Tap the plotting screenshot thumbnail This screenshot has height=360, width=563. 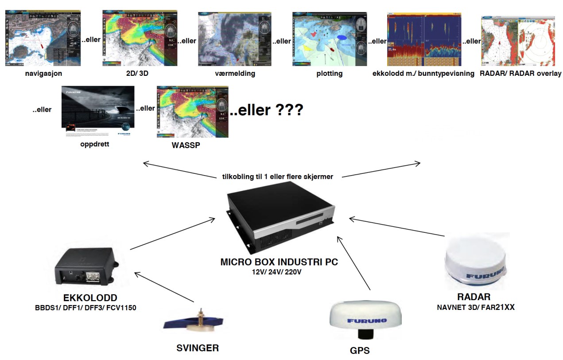(x=330, y=39)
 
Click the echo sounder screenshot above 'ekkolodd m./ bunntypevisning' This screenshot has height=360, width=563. (x=424, y=39)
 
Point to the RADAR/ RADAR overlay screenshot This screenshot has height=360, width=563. (x=518, y=41)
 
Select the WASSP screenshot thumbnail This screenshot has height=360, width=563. (x=192, y=112)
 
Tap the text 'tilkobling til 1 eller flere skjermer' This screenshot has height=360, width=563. (x=278, y=176)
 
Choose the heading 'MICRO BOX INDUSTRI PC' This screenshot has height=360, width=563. (x=279, y=262)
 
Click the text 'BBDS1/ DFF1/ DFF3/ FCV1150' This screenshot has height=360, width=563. (x=86, y=307)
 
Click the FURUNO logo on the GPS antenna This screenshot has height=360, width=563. (x=367, y=320)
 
